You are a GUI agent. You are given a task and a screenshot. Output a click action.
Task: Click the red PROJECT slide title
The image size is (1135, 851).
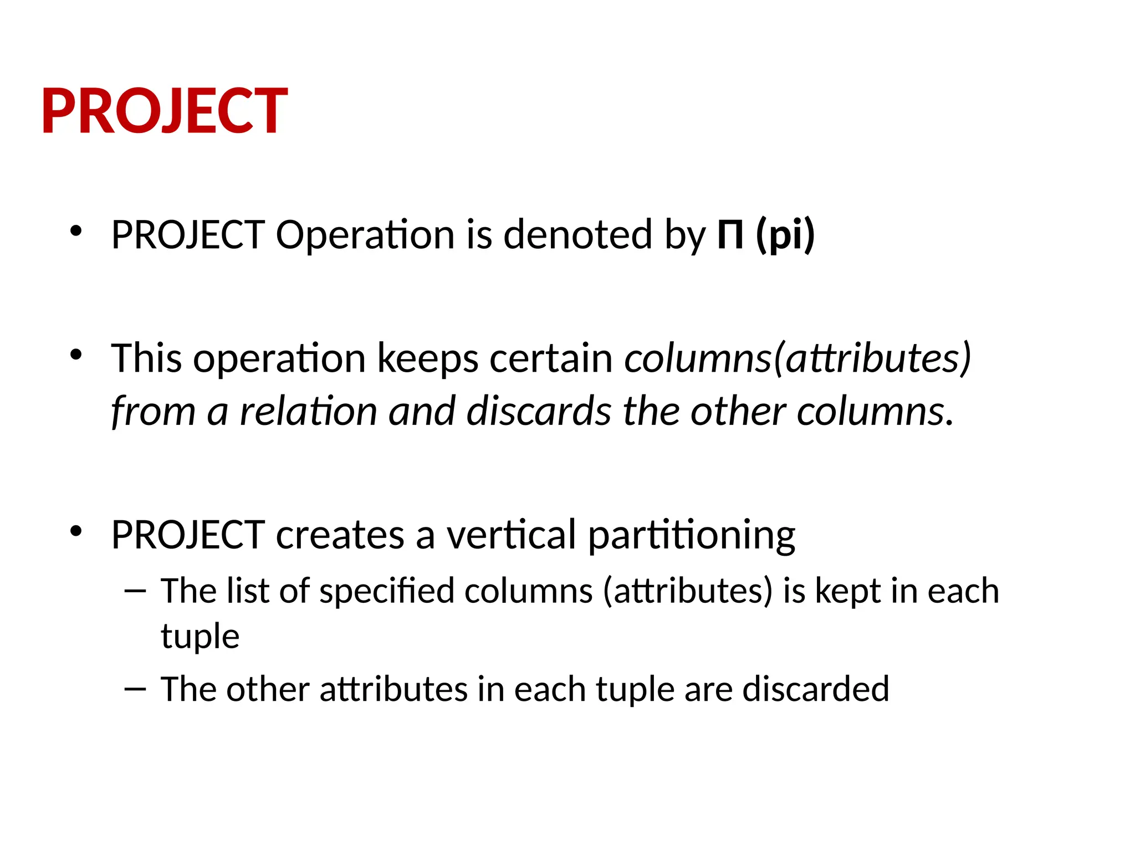pyautogui.click(x=165, y=111)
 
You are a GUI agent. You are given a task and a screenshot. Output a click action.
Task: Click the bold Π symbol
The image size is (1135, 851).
pyautogui.click(x=730, y=235)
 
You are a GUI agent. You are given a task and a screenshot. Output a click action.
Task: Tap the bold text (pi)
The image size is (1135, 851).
pyautogui.click(x=785, y=235)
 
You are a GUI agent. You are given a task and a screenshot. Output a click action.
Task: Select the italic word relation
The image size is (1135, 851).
pyautogui.click(x=308, y=412)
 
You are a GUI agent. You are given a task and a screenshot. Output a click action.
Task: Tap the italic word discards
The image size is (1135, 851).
pyautogui.click(x=539, y=412)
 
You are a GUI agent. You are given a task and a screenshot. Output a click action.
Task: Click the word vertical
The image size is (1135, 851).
pyautogui.click(x=512, y=535)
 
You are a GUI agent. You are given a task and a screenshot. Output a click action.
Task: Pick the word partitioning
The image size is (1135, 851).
pyautogui.click(x=691, y=536)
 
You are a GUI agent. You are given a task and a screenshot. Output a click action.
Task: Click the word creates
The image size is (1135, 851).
pyautogui.click(x=340, y=535)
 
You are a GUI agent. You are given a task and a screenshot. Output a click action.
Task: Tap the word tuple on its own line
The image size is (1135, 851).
pyautogui.click(x=200, y=637)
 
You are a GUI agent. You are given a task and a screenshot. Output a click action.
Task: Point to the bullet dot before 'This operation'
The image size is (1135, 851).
pyautogui.click(x=76, y=355)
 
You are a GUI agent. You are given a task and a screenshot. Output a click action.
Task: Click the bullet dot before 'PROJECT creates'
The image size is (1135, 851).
pyautogui.click(x=76, y=531)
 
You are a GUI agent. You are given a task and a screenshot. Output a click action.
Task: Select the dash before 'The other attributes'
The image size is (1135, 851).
pyautogui.click(x=135, y=690)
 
